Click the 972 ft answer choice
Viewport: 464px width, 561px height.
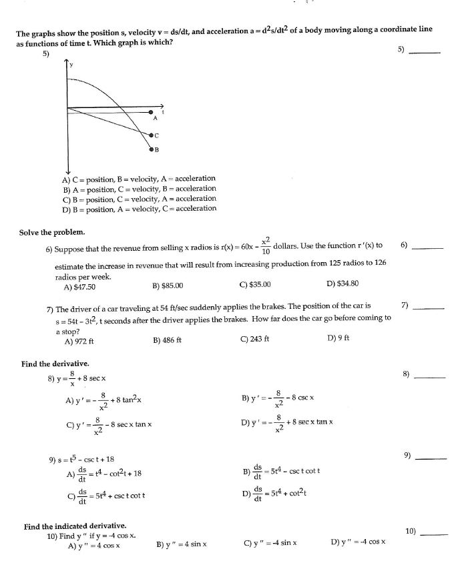pos(79,340)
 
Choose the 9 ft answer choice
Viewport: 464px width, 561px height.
pos(338,340)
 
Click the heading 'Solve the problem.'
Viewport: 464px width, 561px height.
pos(52,232)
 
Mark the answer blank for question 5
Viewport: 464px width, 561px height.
pos(427,53)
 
